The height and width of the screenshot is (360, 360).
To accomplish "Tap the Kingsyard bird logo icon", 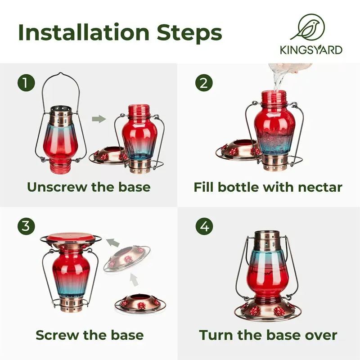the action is (x=308, y=27).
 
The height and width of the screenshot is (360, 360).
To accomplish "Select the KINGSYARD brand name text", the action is (x=311, y=50).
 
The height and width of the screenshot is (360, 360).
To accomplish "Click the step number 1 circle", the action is (x=26, y=83).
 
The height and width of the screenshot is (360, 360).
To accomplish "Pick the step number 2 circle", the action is (x=204, y=83).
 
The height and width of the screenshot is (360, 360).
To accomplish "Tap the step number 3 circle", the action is (x=26, y=226).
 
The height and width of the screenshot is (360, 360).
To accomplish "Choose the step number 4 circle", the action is (x=204, y=226).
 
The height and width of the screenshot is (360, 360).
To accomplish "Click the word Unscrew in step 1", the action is (x=57, y=187).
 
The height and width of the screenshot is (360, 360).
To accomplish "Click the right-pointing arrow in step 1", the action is (x=99, y=119).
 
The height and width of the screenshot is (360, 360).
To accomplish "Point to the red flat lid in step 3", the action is (x=71, y=239).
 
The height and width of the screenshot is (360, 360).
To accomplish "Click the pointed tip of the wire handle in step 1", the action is (x=61, y=73).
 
